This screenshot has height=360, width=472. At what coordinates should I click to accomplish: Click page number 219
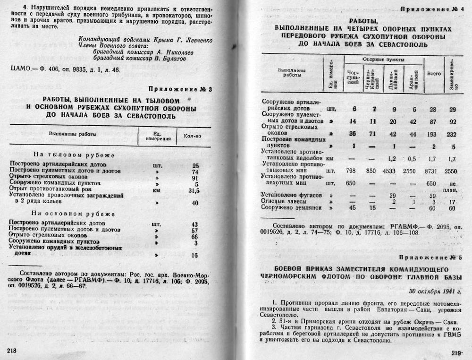tap(457, 352)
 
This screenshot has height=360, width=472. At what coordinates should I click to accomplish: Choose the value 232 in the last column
tap(452, 134)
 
